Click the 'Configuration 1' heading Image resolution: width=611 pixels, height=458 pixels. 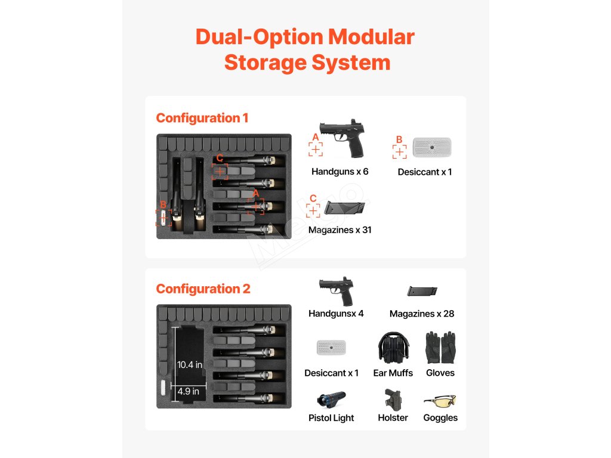202,118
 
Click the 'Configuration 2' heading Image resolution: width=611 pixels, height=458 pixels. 203,289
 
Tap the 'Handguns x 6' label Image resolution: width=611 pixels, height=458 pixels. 340,172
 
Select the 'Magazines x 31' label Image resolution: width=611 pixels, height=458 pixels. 340,230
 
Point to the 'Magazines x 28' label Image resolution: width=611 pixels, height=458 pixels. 422,314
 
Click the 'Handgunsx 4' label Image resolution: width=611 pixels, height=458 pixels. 336,313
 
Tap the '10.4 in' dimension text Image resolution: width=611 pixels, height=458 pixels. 190,364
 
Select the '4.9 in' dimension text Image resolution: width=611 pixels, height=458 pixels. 188,392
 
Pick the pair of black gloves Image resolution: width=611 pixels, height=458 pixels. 440,348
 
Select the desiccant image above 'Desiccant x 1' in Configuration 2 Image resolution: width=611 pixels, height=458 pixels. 331,348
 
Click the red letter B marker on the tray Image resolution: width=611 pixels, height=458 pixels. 163,205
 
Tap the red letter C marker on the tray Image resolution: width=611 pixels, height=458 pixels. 220,158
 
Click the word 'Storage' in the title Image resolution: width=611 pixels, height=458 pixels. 275,63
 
